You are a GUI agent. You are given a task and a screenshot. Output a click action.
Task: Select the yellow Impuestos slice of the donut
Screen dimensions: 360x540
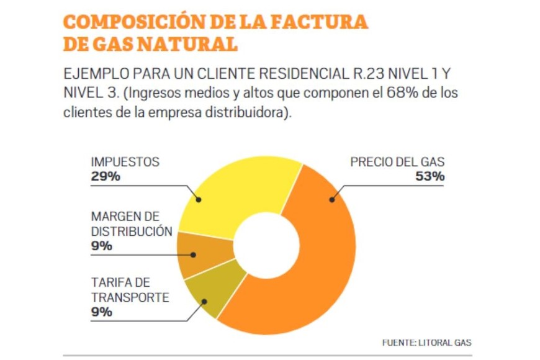point(236,186)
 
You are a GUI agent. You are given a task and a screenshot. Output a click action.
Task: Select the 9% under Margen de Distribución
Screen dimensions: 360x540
point(101,246)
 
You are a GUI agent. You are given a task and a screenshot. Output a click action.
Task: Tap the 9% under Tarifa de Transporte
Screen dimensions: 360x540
point(101,312)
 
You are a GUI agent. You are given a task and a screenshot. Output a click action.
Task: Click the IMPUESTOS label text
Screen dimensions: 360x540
point(125,162)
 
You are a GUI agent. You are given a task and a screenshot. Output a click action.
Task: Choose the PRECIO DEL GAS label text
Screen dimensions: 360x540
point(397,162)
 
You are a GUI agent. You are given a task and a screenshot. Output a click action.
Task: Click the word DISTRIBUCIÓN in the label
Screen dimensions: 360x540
point(131,231)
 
